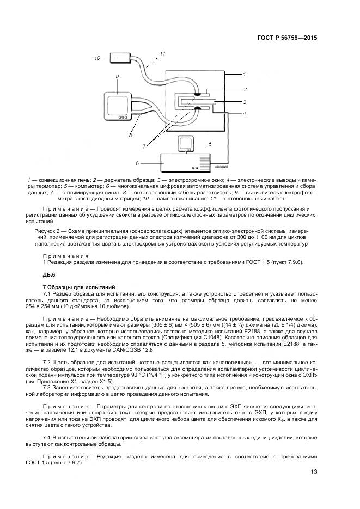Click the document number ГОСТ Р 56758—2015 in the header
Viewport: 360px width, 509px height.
click(x=287, y=38)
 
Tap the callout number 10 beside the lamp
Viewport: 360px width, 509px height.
click(x=97, y=57)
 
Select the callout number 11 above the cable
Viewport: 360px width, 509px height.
click(x=162, y=53)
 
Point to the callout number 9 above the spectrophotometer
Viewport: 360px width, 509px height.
click(x=117, y=77)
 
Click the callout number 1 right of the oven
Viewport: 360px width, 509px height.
click(x=245, y=74)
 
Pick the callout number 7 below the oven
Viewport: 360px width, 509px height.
click(x=144, y=146)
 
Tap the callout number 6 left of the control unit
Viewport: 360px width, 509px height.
click(x=137, y=162)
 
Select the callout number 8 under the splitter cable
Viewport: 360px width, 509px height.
click(x=130, y=136)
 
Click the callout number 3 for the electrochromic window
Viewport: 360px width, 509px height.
click(x=245, y=102)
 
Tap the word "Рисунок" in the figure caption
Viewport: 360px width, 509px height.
click(x=53, y=231)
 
